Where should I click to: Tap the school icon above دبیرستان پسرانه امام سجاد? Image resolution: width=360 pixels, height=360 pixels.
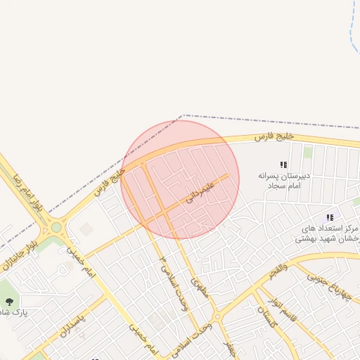[x=283, y=165]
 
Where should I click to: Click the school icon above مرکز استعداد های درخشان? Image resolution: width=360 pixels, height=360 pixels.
[x=329, y=218]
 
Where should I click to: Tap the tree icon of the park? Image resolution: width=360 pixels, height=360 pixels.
[x=8, y=301]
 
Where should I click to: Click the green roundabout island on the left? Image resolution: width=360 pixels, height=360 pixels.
[x=56, y=226]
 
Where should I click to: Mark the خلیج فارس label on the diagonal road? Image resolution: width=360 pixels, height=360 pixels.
[x=109, y=181]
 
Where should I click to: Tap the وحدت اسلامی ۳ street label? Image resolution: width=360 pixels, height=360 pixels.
[x=168, y=276]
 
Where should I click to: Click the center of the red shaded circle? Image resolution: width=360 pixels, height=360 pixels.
[x=180, y=179]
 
